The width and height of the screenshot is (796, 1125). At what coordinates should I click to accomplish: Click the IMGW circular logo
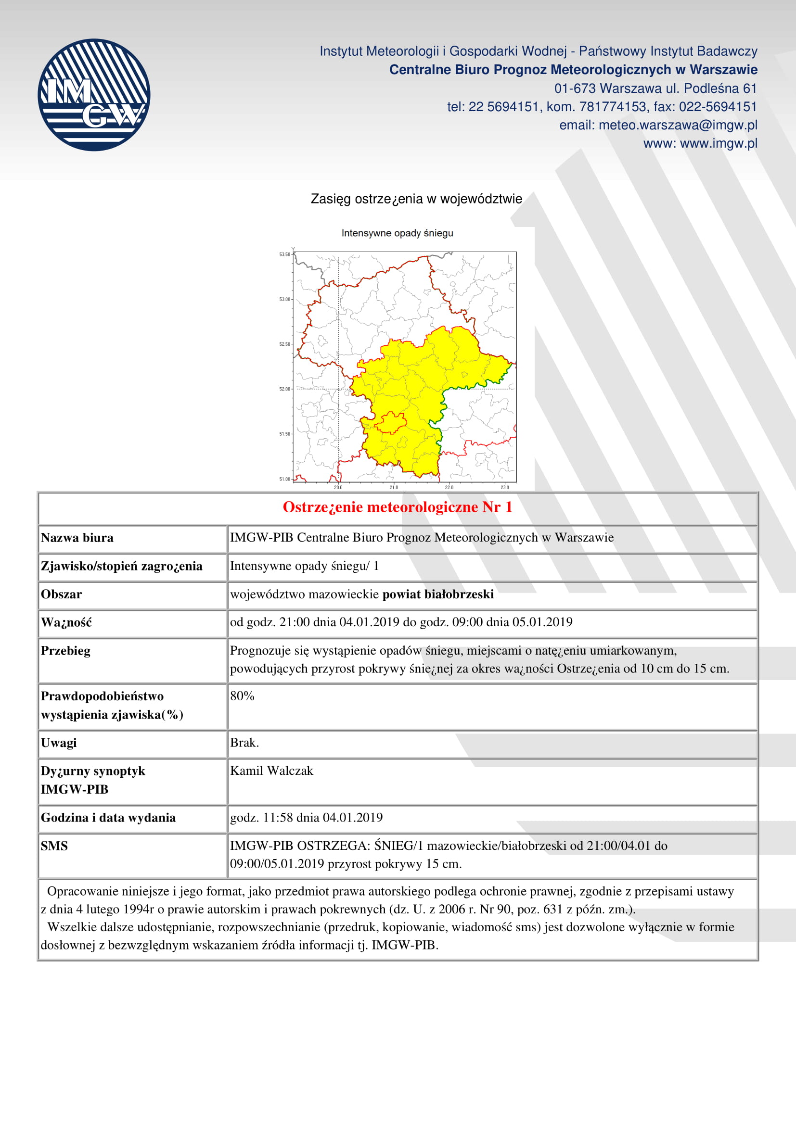94,95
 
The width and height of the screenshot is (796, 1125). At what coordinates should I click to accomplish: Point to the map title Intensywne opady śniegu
397,233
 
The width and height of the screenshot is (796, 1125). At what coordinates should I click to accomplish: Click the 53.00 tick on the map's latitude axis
285,299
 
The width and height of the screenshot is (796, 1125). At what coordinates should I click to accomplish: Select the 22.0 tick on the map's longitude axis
449,487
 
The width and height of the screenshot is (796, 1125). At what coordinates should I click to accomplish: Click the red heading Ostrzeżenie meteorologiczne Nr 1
398,507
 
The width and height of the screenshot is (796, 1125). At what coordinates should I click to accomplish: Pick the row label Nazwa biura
77,538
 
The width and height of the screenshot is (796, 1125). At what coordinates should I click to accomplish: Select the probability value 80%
242,696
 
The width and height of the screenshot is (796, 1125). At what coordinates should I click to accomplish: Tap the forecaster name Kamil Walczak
271,771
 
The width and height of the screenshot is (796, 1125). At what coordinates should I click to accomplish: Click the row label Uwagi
59,743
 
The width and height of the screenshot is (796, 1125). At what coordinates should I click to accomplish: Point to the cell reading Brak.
244,743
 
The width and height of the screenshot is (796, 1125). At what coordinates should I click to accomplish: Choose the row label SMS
54,846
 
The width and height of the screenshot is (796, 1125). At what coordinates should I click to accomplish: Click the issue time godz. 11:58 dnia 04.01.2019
307,817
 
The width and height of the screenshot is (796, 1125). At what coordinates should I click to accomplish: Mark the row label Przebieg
65,651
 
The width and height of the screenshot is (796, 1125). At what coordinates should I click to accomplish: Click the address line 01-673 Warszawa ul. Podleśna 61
655,88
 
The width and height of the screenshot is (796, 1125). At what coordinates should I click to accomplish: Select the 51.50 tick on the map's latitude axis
285,434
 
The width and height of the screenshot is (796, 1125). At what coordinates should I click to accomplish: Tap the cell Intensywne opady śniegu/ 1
304,566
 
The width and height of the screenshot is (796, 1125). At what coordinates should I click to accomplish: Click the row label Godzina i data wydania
108,817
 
